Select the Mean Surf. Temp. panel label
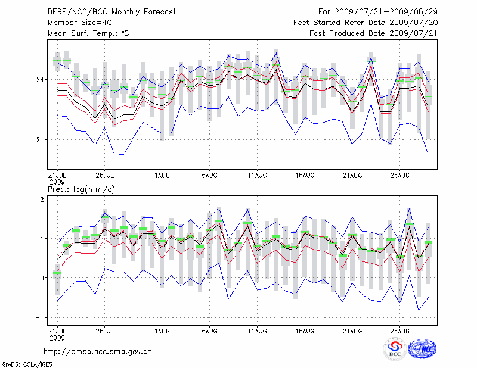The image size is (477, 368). pos(88,33)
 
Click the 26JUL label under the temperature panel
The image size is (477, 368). pos(104,175)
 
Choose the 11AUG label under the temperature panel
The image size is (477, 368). pos(257,175)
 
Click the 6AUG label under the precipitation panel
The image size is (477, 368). pos(209,329)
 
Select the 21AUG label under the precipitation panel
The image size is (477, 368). pos(352,329)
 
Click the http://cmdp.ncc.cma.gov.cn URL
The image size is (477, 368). pos(98,351)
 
